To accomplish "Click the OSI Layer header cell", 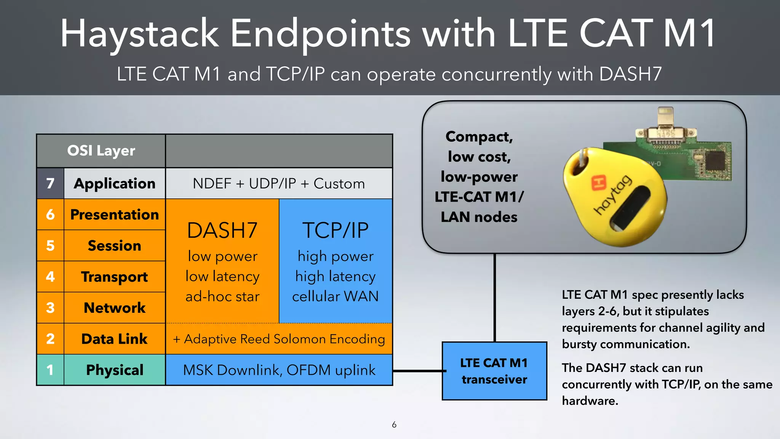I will click(x=101, y=151).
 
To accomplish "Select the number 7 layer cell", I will click(x=50, y=184).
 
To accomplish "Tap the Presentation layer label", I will click(x=114, y=215).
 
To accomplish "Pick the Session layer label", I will click(x=114, y=246).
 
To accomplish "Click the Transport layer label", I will click(x=114, y=277).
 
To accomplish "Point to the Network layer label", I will click(x=114, y=308).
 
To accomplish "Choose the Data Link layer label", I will click(x=114, y=339).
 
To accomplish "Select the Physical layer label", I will click(x=114, y=370).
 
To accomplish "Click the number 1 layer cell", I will click(x=50, y=370).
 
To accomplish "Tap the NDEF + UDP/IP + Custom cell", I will click(x=279, y=184).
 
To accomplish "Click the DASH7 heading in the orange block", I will click(x=222, y=231).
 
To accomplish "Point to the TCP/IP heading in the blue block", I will click(x=336, y=231).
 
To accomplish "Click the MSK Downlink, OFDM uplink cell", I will click(x=279, y=370).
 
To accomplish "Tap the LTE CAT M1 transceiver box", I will click(x=494, y=371).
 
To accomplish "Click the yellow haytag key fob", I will click(x=617, y=202).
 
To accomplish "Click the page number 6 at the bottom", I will click(x=394, y=425).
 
